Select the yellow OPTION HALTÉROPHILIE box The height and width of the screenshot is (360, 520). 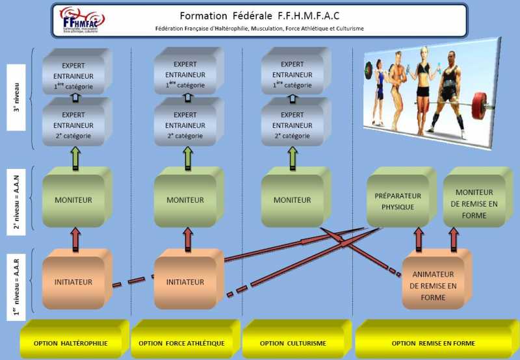click(71, 343)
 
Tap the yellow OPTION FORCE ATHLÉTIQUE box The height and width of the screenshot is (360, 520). click(181, 343)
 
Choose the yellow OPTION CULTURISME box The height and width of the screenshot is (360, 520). click(293, 343)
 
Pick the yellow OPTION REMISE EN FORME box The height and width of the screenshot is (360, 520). click(433, 343)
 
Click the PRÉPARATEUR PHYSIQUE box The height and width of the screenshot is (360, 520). click(398, 201)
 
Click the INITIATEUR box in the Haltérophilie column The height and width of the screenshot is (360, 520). click(73, 282)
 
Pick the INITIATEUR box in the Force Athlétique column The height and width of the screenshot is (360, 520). click(185, 282)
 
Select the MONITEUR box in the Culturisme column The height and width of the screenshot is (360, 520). click(292, 200)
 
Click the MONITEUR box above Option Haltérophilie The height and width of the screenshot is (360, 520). click(73, 200)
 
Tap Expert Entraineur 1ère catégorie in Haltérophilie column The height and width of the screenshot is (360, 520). click(73, 75)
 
